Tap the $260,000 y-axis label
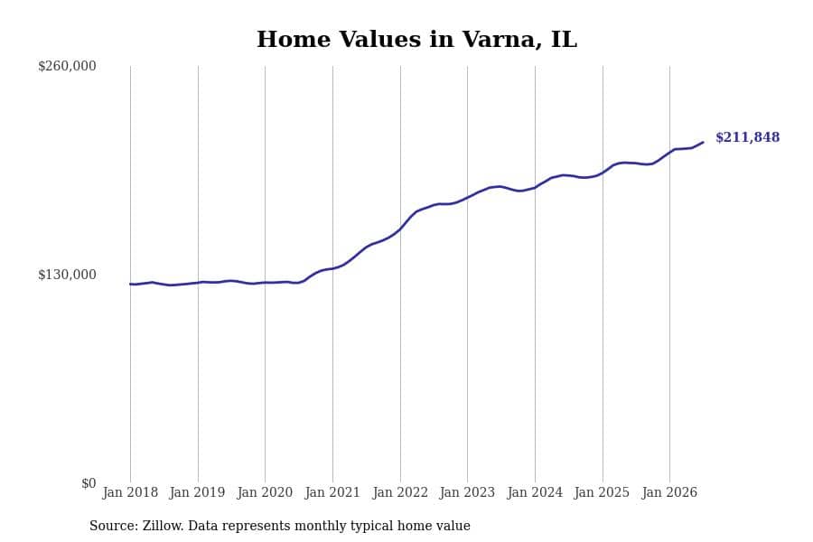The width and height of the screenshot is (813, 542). [67, 66]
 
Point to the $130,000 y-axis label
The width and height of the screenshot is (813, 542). [67, 275]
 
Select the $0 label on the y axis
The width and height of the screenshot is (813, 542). [89, 483]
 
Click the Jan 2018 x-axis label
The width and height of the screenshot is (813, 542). [130, 492]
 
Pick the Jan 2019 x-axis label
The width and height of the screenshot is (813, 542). [197, 492]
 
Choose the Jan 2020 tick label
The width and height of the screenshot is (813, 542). [265, 492]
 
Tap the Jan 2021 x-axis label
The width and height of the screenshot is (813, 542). [332, 492]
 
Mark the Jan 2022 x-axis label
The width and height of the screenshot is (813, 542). [400, 492]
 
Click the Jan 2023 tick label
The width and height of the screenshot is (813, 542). [467, 492]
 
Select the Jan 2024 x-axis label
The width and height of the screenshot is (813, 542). [535, 492]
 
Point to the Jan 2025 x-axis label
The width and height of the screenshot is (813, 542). [602, 492]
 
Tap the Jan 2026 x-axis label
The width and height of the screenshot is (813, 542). [669, 492]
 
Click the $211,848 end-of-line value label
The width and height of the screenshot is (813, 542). [748, 137]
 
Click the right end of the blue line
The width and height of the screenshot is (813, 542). [703, 142]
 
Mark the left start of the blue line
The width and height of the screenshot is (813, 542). [130, 284]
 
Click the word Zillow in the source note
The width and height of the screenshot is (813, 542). [162, 526]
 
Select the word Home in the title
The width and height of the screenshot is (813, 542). [294, 40]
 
